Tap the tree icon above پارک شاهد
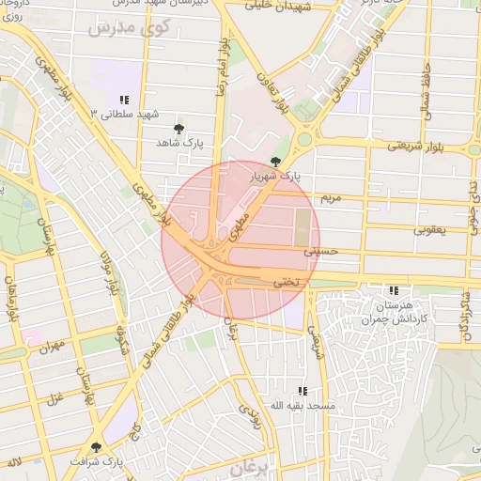click(179, 128)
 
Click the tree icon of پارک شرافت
click(95, 448)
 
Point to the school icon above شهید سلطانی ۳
click(124, 100)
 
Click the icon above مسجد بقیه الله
click(302, 390)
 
